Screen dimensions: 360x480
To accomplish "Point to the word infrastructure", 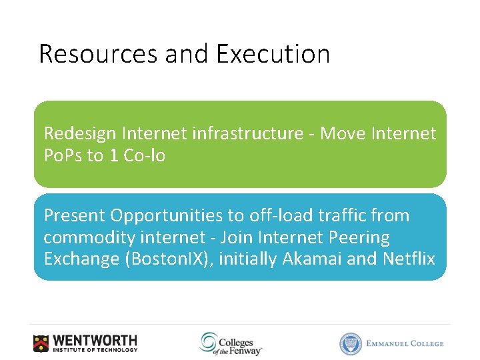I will pyautogui.click(x=247, y=133).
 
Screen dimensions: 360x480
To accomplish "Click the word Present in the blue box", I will pyautogui.click(x=74, y=215).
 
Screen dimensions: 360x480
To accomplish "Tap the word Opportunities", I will pyautogui.click(x=166, y=216).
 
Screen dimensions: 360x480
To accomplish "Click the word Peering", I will pyautogui.click(x=358, y=237).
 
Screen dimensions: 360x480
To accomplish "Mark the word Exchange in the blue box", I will pyautogui.click(x=81, y=259).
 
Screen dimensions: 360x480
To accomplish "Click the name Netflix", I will pyautogui.click(x=409, y=259).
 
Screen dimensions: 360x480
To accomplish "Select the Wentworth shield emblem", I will pyautogui.click(x=41, y=343).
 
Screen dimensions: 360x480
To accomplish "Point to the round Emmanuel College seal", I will pyautogui.click(x=351, y=343).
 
